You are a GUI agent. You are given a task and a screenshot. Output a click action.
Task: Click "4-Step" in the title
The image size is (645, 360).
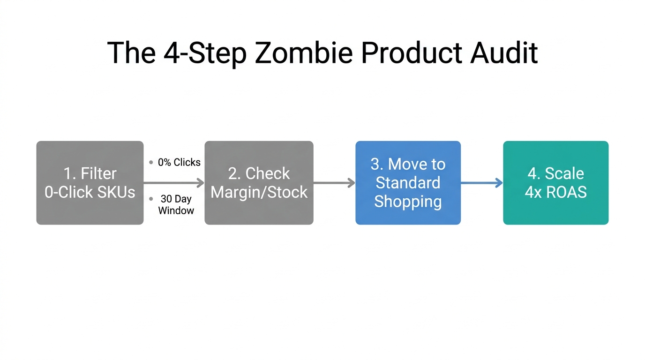(205, 52)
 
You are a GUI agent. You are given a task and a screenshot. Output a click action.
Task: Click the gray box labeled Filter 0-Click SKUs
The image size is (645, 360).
(90, 183)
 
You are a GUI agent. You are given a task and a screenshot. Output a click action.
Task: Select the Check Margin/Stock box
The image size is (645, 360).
(259, 183)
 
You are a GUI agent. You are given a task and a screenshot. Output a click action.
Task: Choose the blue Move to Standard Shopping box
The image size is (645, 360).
(408, 183)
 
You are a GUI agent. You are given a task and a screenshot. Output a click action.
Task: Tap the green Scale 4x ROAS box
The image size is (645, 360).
(555, 183)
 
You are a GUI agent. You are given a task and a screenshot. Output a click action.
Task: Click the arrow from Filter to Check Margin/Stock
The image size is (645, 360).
(173, 183)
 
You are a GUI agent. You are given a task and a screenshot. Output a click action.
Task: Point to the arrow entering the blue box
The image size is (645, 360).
(334, 183)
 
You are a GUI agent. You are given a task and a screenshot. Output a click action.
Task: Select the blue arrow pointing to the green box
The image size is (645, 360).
(481, 183)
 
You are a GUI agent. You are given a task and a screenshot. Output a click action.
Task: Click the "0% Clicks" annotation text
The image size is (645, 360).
(179, 163)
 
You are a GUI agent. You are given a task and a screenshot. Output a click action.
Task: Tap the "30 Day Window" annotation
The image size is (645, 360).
(176, 205)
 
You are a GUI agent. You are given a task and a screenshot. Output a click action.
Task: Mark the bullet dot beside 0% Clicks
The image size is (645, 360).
(151, 163)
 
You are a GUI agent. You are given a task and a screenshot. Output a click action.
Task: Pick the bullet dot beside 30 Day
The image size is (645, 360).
(151, 199)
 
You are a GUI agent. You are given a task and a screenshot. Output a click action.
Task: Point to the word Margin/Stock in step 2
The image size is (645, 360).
(259, 192)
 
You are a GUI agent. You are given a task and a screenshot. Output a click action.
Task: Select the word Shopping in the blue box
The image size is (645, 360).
(408, 202)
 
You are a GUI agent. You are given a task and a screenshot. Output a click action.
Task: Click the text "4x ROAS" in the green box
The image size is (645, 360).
(555, 192)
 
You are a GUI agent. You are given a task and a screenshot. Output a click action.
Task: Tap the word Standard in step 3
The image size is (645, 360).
(408, 183)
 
